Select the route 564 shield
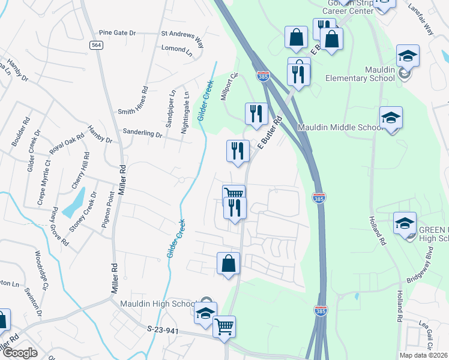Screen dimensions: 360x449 (x=96, y=46)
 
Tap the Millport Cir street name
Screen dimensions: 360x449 (x=231, y=88)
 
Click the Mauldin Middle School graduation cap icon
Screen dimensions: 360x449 (x=391, y=117)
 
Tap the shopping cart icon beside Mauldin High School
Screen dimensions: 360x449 (x=224, y=326)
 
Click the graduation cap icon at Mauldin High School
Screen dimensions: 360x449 (x=205, y=314)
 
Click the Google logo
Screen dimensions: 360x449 (x=20, y=353)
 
